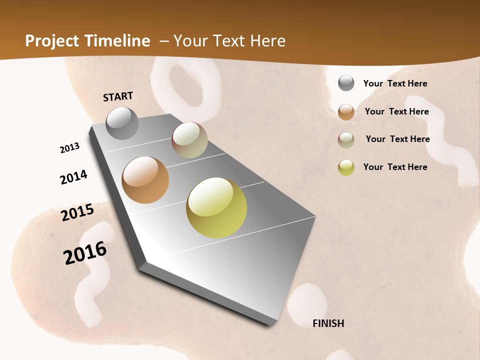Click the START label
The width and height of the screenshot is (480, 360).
118,96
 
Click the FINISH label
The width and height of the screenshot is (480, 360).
328,323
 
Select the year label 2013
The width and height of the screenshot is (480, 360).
69,148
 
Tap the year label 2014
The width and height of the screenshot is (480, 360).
73,177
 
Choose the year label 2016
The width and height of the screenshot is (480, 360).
85,253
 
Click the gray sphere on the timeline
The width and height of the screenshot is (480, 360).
122,123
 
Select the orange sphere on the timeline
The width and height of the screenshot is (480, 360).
145,180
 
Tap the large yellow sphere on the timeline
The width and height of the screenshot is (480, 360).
216,207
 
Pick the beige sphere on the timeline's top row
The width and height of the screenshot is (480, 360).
189,140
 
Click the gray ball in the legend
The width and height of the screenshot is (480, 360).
346,83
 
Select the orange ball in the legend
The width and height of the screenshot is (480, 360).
346,112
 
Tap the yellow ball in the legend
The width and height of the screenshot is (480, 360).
346,167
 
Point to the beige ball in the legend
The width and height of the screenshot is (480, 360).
346,140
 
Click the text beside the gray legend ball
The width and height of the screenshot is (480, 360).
395,83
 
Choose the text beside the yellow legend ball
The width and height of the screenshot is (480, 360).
395,167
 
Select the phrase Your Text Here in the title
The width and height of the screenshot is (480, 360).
229,40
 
